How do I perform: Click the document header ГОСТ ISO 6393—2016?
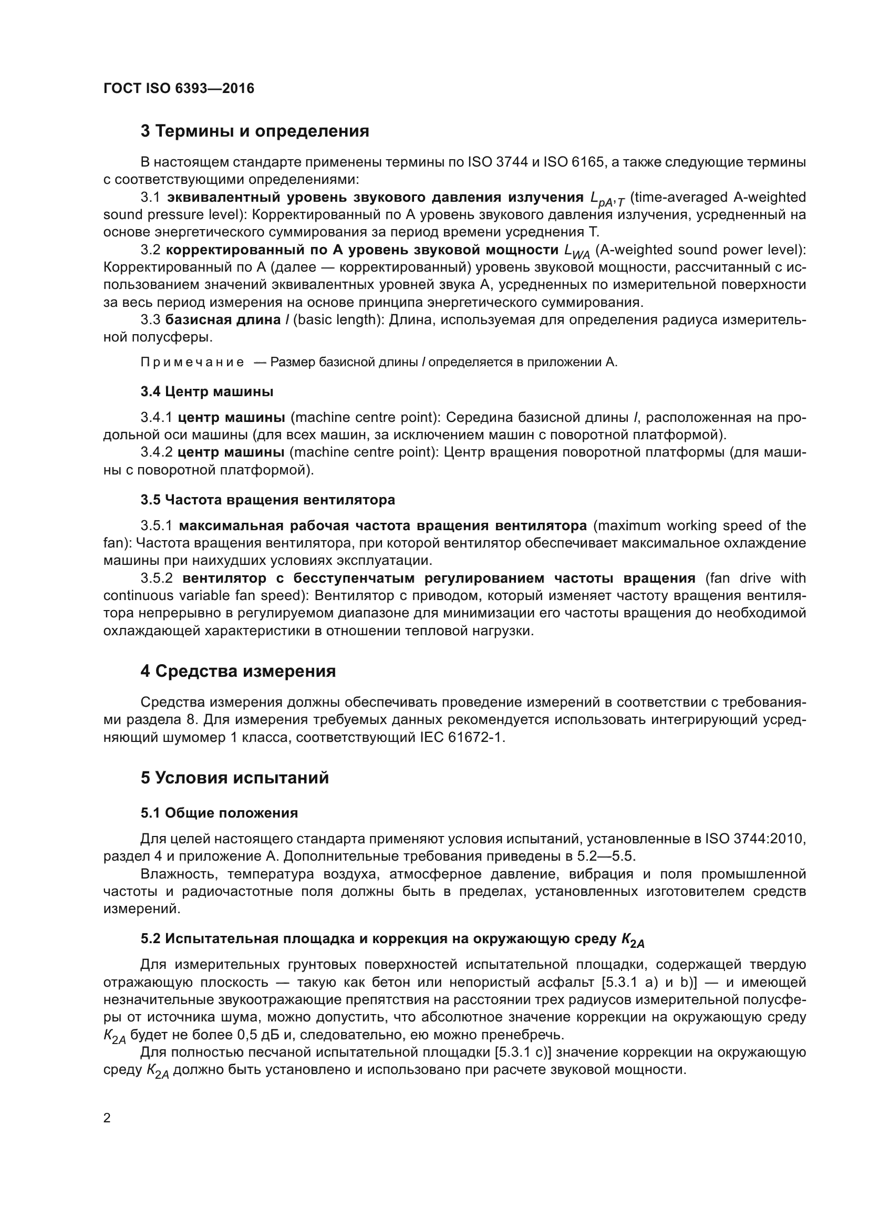179,88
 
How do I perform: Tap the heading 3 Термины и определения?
255,131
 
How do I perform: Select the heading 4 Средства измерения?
238,671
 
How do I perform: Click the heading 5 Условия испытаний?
234,778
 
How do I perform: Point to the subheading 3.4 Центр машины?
207,392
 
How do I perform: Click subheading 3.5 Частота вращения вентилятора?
267,500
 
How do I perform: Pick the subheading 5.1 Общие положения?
220,813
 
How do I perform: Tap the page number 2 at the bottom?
107,1118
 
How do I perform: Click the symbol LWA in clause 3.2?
577,252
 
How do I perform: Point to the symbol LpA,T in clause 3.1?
607,199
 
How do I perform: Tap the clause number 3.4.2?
156,452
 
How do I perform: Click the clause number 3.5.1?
157,525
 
